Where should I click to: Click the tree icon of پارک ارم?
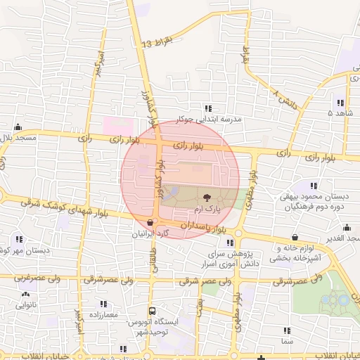[x=207, y=198]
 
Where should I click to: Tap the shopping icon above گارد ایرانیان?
[x=150, y=223]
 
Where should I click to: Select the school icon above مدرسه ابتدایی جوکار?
[x=207, y=108]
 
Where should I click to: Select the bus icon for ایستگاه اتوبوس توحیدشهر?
[x=152, y=312]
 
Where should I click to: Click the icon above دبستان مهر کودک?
[x=18, y=239]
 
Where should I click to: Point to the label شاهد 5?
[x=340, y=112]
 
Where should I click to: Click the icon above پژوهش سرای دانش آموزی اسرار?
[x=230, y=243]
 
